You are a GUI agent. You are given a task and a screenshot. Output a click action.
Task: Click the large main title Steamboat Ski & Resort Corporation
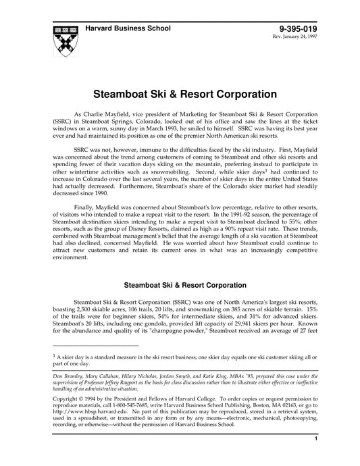pos(180,91)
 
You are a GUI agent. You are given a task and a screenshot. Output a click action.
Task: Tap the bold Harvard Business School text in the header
pos(128,28)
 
